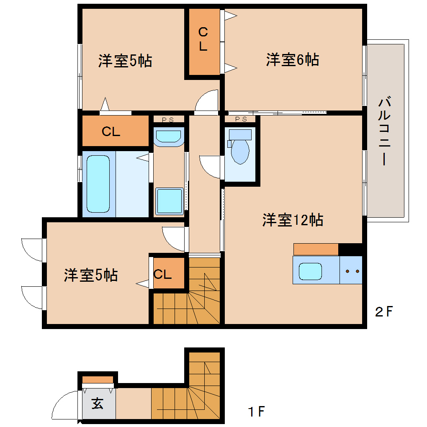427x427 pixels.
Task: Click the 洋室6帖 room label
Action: (x=293, y=59)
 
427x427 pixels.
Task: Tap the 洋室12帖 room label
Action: (x=293, y=220)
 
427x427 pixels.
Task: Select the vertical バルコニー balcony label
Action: (x=384, y=131)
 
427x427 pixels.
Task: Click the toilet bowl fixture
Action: (x=240, y=151)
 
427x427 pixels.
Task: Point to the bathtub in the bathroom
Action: (x=98, y=184)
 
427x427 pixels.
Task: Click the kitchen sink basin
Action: (x=310, y=271)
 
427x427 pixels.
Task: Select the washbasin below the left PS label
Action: (x=169, y=137)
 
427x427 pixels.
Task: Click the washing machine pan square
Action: (x=170, y=201)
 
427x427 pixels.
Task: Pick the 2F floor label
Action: (x=384, y=311)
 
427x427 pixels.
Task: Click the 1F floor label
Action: (x=256, y=411)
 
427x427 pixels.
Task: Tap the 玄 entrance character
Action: (x=97, y=403)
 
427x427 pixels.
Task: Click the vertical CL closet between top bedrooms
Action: (x=203, y=39)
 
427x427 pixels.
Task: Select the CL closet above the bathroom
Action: (x=111, y=131)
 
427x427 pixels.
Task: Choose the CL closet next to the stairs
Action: (x=162, y=274)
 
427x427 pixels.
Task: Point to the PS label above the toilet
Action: (x=241, y=119)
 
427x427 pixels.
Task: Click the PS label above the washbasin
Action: (x=168, y=120)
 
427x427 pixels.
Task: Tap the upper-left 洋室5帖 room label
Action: (x=125, y=61)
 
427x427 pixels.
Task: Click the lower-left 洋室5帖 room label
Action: (x=91, y=275)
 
